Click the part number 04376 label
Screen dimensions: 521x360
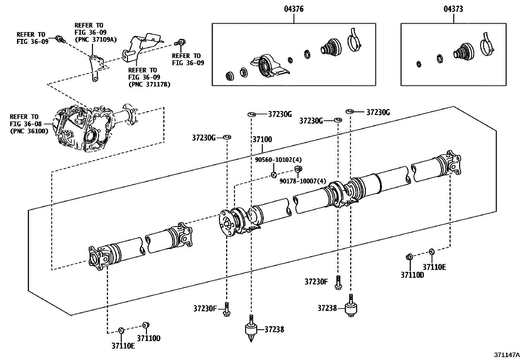tap(294, 9)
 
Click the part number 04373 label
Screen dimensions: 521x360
tap(453, 9)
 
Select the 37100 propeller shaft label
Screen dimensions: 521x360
tap(262, 139)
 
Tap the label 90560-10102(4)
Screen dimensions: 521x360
tap(278, 160)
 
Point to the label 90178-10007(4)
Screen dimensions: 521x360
tap(303, 181)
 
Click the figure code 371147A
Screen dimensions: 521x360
tap(507, 355)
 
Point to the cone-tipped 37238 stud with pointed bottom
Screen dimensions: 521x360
tap(251, 329)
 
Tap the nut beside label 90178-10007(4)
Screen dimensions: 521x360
tap(298, 169)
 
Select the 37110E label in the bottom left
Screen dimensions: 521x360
tap(123, 346)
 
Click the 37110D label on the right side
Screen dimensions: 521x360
tap(412, 275)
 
